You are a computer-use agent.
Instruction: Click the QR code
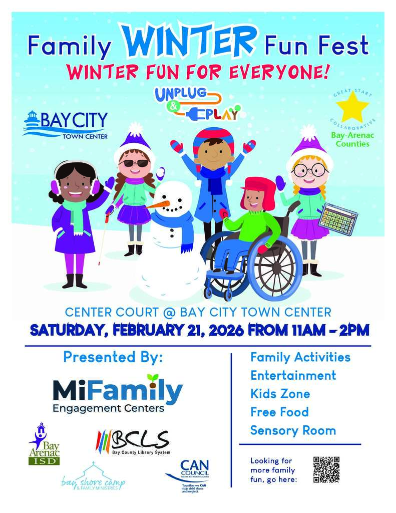tap(326, 469)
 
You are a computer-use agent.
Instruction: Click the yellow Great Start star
tap(352, 107)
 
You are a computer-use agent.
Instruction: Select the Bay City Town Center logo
tap(66, 125)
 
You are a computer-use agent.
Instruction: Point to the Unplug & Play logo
tap(197, 104)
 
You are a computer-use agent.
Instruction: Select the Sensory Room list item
tap(293, 430)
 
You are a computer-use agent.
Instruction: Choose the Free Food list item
tap(279, 412)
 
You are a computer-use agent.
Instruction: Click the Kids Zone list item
tap(280, 394)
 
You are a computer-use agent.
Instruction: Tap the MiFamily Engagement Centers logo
tap(117, 394)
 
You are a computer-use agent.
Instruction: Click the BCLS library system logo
tap(133, 441)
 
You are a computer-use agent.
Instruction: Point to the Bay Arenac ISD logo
tap(44, 443)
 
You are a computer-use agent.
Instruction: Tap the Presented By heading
tap(113, 357)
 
